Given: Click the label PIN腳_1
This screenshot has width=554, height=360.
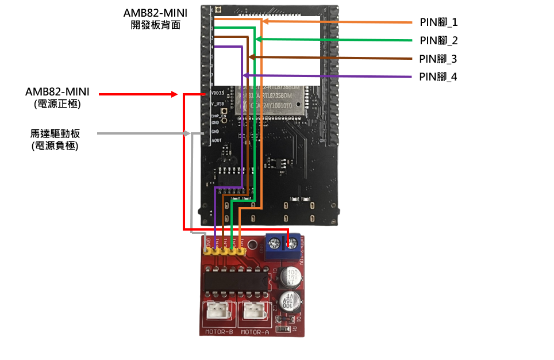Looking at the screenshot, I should tap(438, 22).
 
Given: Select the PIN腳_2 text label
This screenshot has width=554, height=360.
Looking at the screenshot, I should tap(438, 41).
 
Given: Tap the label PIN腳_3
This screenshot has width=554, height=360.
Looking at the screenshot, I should tap(438, 59).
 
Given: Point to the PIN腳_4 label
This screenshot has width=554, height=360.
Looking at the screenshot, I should tap(438, 76).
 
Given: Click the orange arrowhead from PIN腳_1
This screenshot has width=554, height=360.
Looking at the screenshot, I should tap(266, 22).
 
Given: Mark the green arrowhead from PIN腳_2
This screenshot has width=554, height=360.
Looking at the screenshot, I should tap(259, 39).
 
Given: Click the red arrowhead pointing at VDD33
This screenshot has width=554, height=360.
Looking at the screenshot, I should tap(176, 93).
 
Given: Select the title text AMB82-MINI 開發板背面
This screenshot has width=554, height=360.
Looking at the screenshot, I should tap(155, 19).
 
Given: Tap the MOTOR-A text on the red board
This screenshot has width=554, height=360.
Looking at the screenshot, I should tap(254, 332).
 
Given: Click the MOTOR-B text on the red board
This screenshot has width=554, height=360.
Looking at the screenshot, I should tap(219, 332).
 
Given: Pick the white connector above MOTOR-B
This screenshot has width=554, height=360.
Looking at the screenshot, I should tap(219, 311).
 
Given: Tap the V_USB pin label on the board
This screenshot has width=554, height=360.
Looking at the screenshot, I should tap(217, 104).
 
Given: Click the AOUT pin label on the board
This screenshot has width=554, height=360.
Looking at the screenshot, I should tap(216, 140).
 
